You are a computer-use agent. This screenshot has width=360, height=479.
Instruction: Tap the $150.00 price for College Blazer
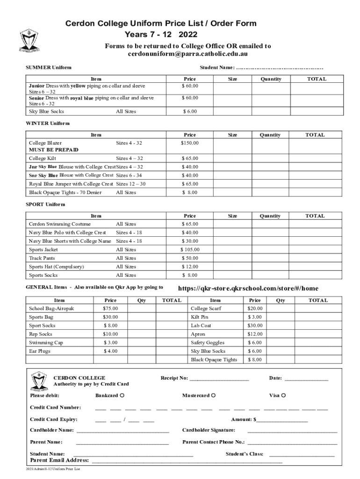click(190, 143)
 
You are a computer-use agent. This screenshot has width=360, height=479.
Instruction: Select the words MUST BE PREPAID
click(54, 150)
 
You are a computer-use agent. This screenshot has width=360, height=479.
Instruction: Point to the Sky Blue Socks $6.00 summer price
click(190, 111)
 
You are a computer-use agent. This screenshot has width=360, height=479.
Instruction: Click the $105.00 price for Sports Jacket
click(190, 250)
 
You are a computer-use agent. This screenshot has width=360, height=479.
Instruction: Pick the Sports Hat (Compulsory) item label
click(57, 267)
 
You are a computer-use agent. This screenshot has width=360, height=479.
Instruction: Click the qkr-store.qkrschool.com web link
click(249, 288)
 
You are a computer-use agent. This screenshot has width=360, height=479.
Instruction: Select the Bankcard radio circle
click(122, 396)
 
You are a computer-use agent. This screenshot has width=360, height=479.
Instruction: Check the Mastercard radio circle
click(213, 396)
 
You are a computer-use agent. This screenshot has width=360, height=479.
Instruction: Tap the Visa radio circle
click(283, 396)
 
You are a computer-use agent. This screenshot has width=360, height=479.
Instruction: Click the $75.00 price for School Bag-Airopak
click(110, 309)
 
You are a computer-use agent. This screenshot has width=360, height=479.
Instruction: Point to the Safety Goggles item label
click(208, 343)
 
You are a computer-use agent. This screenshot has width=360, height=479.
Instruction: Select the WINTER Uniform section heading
click(48, 123)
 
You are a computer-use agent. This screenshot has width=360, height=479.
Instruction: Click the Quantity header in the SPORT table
click(270, 216)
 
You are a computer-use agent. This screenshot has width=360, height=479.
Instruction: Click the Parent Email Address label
click(59, 460)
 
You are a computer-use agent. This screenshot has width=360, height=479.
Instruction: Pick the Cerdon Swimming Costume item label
click(60, 224)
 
